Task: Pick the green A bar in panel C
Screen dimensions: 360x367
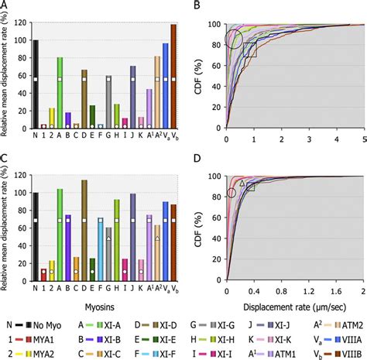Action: point(60,232)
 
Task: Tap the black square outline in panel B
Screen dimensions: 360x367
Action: point(249,50)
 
